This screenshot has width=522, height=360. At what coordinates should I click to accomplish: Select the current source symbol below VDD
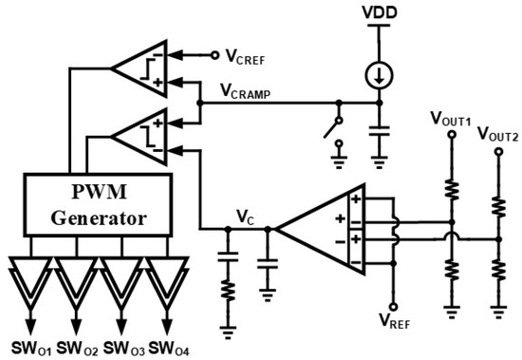coord(379,76)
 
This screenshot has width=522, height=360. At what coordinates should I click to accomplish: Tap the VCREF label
coord(246,57)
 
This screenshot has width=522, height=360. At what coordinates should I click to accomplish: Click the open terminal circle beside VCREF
coord(215,55)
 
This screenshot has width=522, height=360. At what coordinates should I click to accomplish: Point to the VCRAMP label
coord(246,91)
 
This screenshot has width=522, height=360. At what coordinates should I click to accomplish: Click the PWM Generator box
coord(98,204)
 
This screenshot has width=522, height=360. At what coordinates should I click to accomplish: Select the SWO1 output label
coord(31,349)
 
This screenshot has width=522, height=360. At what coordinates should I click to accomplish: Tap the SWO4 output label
coord(168,349)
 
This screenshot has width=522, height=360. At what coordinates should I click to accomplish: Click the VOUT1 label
coord(451,119)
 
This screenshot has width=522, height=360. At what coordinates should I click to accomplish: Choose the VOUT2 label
coord(497,134)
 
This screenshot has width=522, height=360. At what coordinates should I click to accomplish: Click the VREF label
coord(395,321)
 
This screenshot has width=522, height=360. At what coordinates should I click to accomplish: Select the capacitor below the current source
coord(379,131)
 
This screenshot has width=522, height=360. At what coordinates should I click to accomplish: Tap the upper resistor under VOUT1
coord(452,189)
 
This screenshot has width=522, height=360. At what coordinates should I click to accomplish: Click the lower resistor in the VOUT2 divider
coord(498,271)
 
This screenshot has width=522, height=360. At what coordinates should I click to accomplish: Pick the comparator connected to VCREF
coord(139,68)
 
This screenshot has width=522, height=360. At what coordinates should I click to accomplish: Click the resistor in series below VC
coord(228,291)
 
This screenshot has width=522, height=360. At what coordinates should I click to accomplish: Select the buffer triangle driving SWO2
coord(77,279)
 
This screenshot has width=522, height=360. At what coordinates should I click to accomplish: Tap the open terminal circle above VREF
coord(394,307)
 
